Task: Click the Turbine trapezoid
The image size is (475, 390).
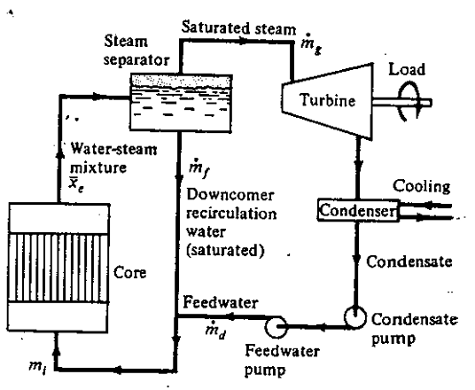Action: pos(327,102)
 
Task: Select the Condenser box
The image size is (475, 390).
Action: pos(358,210)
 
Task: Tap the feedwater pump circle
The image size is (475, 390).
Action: pos(276,326)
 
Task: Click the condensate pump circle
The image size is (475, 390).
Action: pos(354,317)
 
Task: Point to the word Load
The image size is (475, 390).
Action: pos(407,69)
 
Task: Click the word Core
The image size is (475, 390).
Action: pos(129,273)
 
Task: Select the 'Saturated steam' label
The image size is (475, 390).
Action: pos(238,27)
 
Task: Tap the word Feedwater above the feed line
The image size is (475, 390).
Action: pos(221,302)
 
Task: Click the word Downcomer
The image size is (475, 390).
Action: pos(230,195)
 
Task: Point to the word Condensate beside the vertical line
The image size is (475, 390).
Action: pos(409,261)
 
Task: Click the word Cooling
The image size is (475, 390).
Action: pos(422,187)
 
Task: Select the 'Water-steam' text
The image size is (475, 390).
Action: pos(113,149)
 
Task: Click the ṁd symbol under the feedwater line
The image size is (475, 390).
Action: pos(215,331)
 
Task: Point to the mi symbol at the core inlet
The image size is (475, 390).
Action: pos(38,367)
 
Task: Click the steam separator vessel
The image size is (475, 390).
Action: pos(182,103)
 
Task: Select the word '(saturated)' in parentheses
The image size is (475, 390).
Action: pos(225,251)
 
